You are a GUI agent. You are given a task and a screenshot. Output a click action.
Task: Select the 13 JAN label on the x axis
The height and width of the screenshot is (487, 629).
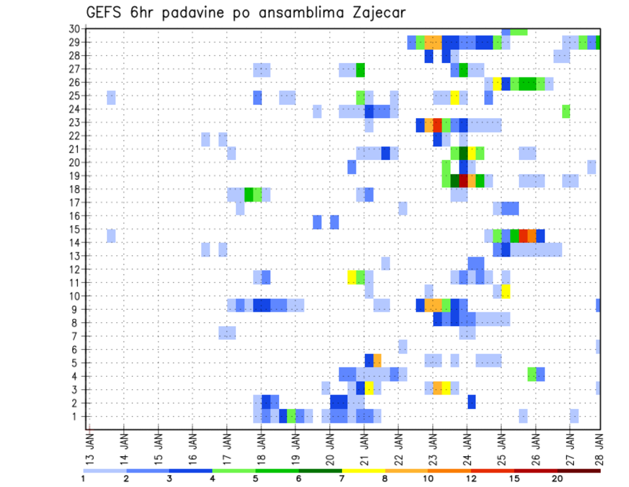pyautogui.click(x=89, y=447)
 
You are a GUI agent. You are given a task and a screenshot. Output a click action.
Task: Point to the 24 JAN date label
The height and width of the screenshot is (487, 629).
pyautogui.click(x=467, y=447)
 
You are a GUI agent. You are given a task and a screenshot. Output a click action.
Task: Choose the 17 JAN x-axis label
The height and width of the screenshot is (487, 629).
pyautogui.click(x=227, y=447)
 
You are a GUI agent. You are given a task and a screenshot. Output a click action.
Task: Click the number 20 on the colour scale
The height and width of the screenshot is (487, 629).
pyautogui.click(x=557, y=478)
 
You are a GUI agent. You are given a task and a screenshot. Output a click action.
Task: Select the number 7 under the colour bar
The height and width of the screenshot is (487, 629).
pyautogui.click(x=342, y=478)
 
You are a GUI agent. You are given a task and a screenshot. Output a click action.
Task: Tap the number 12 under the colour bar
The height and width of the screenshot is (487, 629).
pyautogui.click(x=470, y=478)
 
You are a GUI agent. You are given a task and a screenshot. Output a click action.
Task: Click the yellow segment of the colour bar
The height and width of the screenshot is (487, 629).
pyautogui.click(x=363, y=470)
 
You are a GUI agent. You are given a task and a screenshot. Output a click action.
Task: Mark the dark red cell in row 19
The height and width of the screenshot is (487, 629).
pyautogui.click(x=463, y=179)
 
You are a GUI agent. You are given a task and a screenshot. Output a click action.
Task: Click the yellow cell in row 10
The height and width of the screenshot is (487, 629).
pyautogui.click(x=506, y=291)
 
